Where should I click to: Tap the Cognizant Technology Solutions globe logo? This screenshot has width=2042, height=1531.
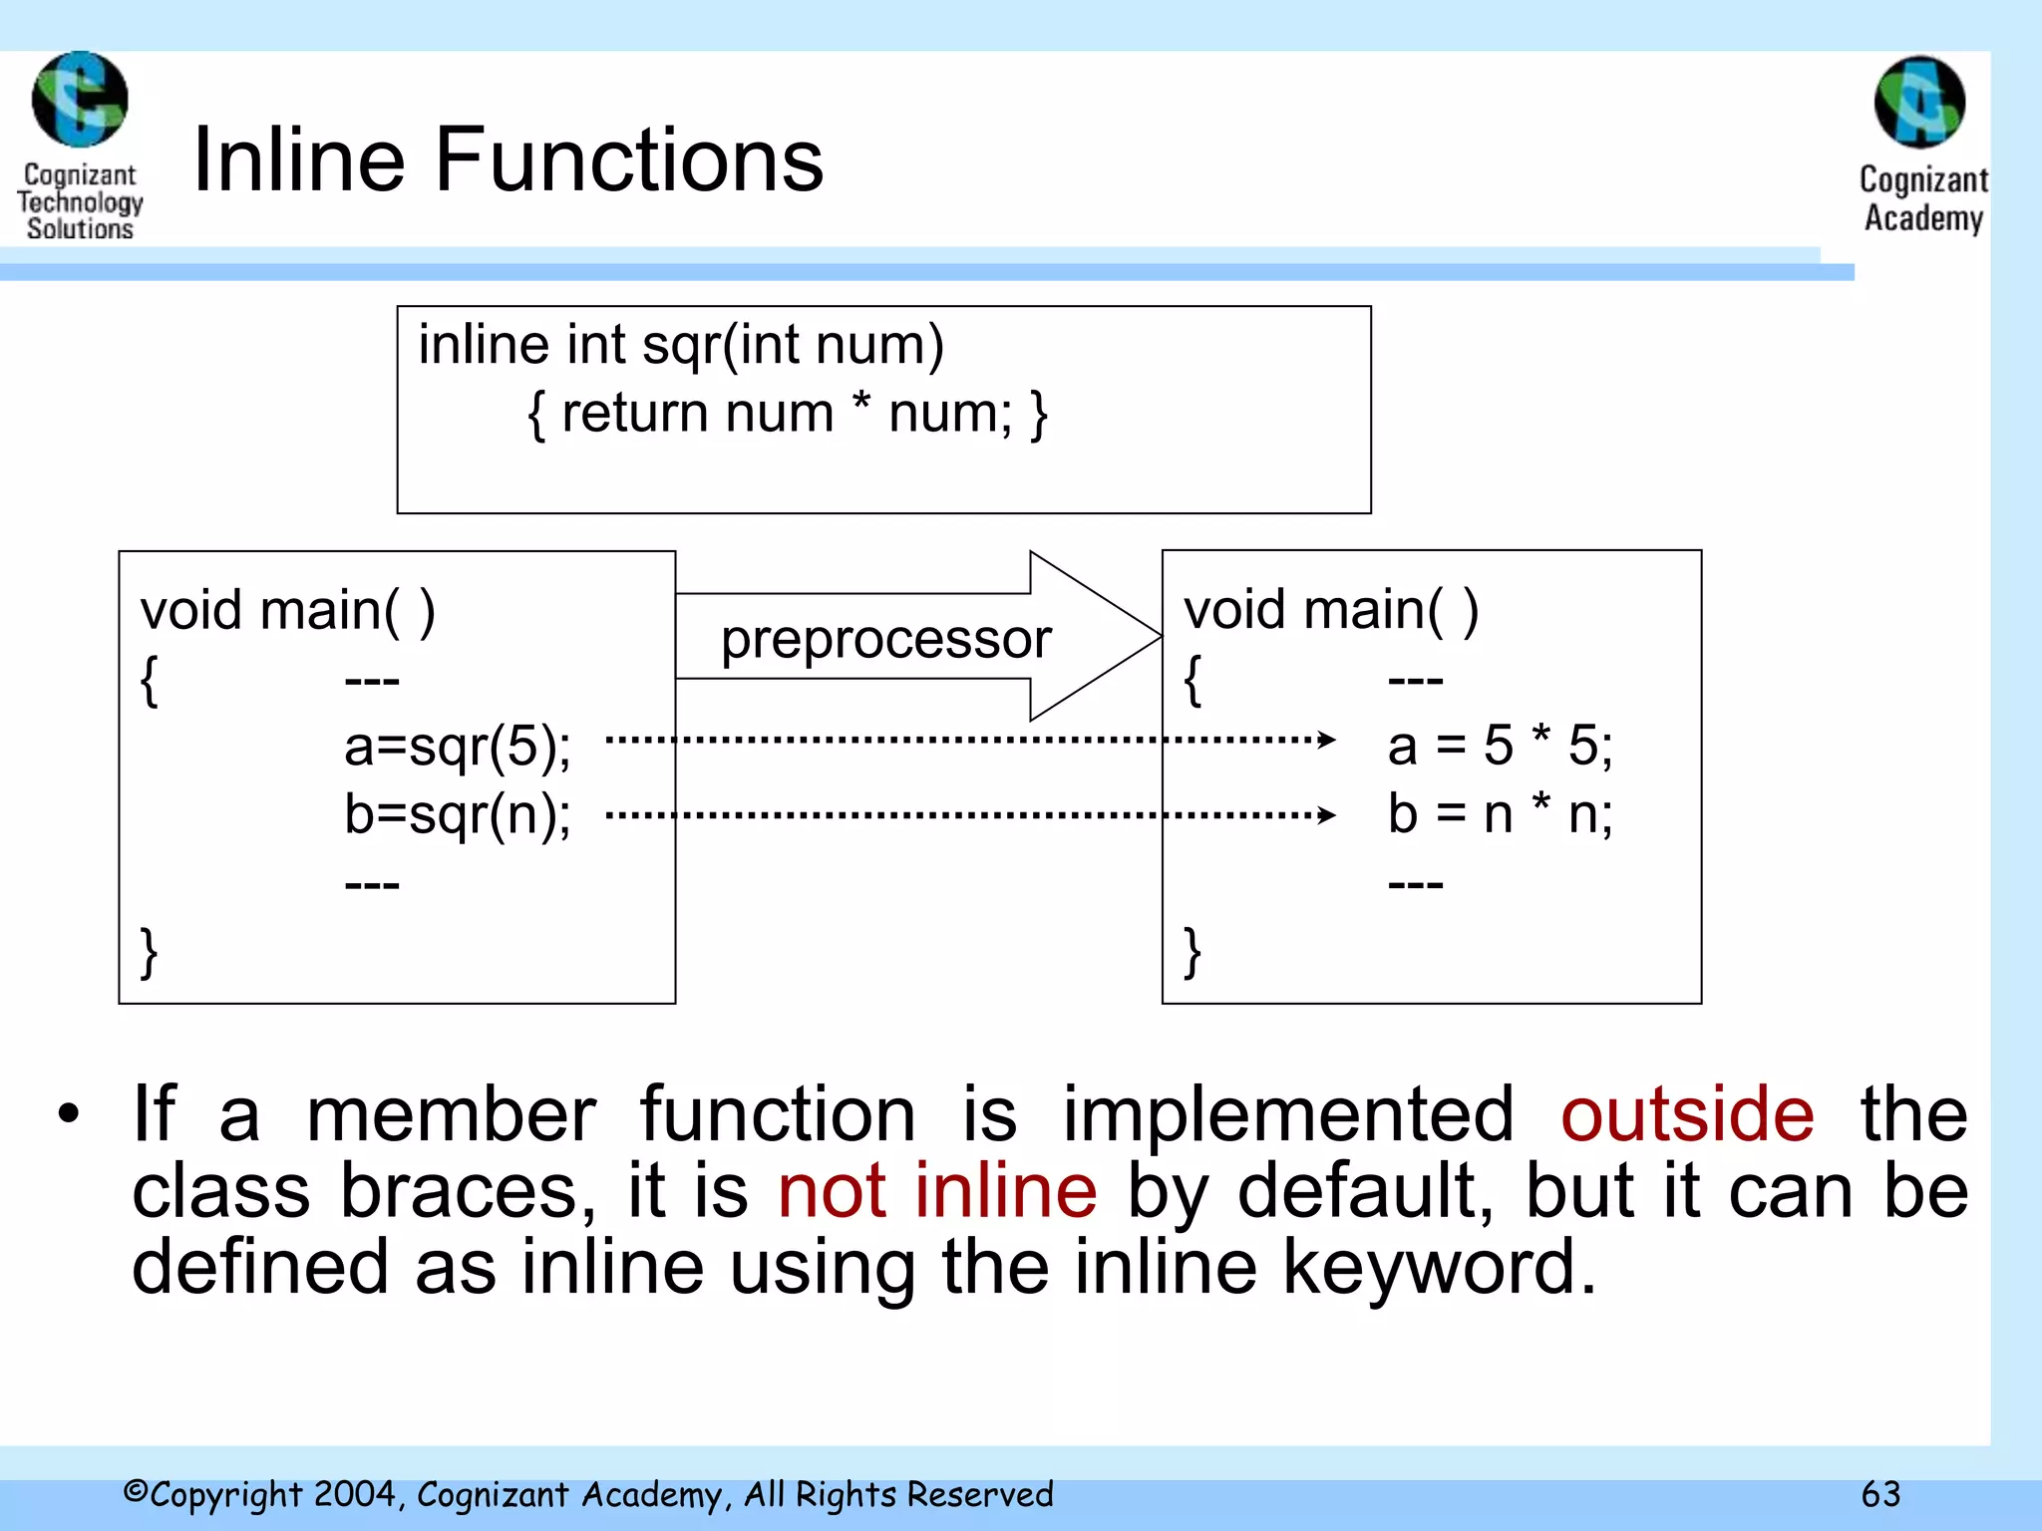point(80,100)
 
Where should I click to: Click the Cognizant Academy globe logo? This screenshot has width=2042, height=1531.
point(1919,102)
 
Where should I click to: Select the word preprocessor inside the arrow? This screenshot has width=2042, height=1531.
point(885,638)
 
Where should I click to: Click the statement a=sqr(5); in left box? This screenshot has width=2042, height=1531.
point(458,746)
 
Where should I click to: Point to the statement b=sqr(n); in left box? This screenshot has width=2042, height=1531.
point(458,814)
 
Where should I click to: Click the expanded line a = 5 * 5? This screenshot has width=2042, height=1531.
point(1500,745)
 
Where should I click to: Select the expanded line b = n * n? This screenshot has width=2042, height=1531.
point(1500,813)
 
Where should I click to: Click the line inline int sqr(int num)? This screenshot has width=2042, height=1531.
point(681,345)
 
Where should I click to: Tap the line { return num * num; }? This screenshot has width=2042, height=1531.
point(787,413)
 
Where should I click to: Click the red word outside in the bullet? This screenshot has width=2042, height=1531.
point(1687,1113)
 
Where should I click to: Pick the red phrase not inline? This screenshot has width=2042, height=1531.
point(937,1190)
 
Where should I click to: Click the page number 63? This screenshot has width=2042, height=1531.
point(1880,1494)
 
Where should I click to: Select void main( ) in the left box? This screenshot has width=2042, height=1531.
point(287,610)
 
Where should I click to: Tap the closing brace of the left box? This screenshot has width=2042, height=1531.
point(149,952)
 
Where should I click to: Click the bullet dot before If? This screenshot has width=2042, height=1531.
point(68,1114)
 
